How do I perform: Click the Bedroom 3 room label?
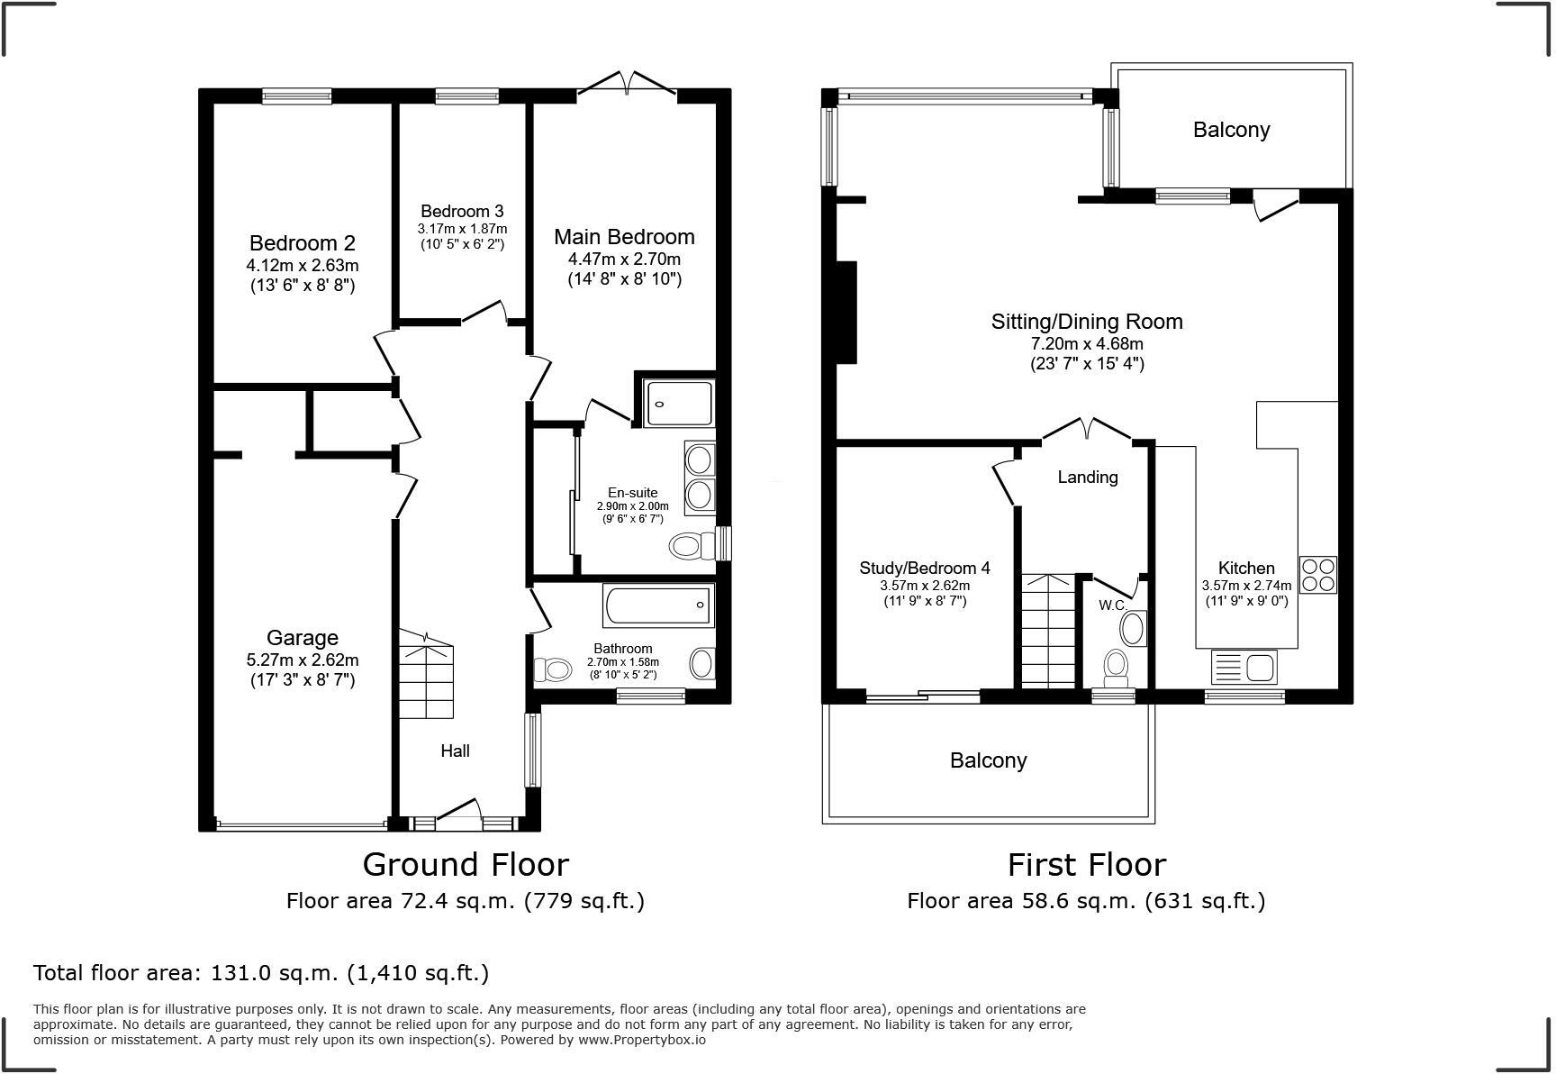pyautogui.click(x=462, y=212)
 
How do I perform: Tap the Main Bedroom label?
pyautogui.click(x=624, y=237)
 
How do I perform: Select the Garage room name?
pyautogui.click(x=303, y=638)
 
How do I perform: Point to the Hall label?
pyautogui.click(x=455, y=751)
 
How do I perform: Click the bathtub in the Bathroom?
pyautogui.click(x=658, y=605)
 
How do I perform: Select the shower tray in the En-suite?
pyautogui.click(x=678, y=403)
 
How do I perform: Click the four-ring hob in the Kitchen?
pyautogui.click(x=1318, y=574)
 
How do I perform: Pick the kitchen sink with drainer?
pyautogui.click(x=1244, y=668)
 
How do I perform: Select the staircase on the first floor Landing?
pyautogui.click(x=1048, y=631)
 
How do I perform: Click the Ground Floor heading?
pyautogui.click(x=466, y=865)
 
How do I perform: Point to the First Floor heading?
pyautogui.click(x=1086, y=865)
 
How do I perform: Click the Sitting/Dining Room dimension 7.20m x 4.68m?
pyautogui.click(x=1087, y=344)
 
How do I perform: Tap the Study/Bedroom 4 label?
pyautogui.click(x=925, y=568)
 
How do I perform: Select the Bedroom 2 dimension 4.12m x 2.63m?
pyautogui.click(x=303, y=266)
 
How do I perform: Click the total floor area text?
pyautogui.click(x=261, y=973)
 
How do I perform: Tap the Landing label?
pyautogui.click(x=1088, y=478)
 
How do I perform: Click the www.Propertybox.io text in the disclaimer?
pyautogui.click(x=641, y=1040)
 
